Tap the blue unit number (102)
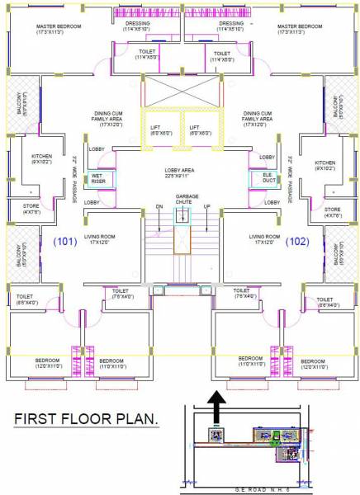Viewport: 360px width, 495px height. (296, 243)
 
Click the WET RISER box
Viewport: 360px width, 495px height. (97, 178)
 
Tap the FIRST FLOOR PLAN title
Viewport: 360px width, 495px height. (86, 421)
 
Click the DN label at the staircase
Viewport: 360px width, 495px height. (159, 206)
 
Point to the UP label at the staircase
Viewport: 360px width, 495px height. (206, 206)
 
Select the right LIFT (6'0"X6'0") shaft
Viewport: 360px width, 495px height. (201, 130)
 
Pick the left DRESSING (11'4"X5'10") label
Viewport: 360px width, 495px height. (138, 26)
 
